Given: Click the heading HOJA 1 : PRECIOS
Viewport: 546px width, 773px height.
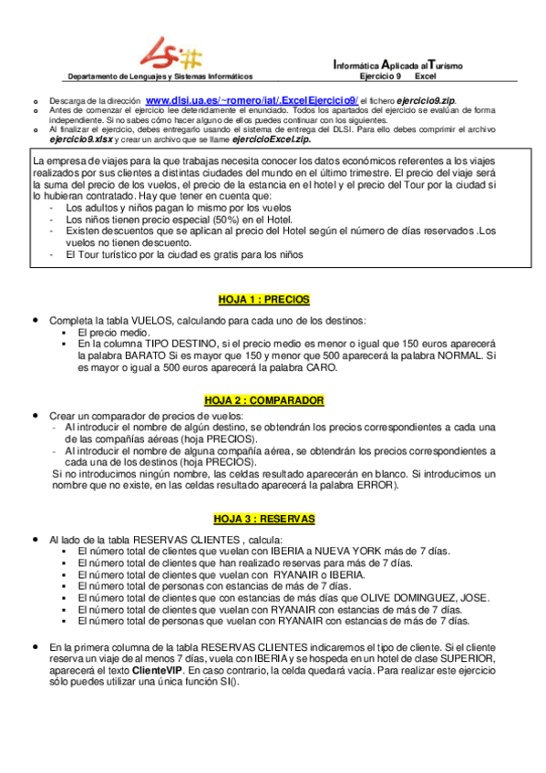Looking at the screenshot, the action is [x=264, y=298].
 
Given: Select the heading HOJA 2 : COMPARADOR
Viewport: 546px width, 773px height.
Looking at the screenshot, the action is [x=264, y=400].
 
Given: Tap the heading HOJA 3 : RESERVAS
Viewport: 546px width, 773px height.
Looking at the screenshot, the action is [x=264, y=518].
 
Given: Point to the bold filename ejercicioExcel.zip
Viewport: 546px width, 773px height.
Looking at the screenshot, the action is [x=271, y=139].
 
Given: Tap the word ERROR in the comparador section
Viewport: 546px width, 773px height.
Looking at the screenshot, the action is [x=376, y=485].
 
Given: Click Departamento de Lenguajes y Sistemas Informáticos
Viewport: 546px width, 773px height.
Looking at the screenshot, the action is [x=174, y=77].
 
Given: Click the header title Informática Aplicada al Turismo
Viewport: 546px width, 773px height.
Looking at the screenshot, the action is [x=398, y=65].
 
